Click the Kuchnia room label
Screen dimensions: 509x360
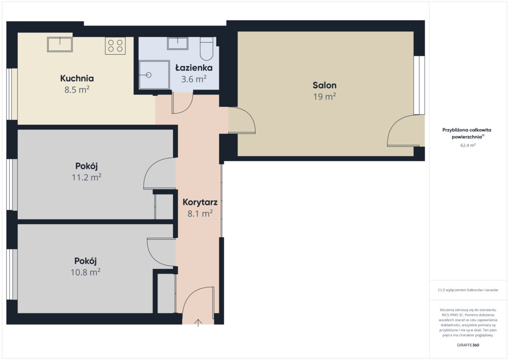pos(77,78)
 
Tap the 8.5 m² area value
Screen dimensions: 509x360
pos(77,90)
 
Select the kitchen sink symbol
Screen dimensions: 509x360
pos(60,44)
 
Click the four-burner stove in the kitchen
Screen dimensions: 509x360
pos(115,46)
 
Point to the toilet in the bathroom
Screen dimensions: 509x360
pos(206,49)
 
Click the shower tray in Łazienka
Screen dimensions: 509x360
pos(154,75)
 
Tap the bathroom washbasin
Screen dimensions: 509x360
pos(177,43)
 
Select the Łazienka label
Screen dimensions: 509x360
pos(194,68)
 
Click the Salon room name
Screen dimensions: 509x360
pos(325,86)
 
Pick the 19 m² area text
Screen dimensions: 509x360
pos(325,97)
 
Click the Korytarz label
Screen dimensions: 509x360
pos(200,202)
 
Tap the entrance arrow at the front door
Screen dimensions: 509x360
pos(198,323)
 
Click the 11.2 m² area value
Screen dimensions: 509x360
pos(86,177)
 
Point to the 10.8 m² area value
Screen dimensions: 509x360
pos(85,272)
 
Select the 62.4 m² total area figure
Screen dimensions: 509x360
pos(468,145)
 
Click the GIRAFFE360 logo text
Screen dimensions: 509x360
pos(468,345)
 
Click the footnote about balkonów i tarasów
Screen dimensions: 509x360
pos(468,290)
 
